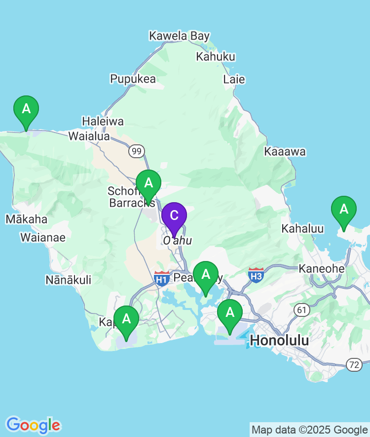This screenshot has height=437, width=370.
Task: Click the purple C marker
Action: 174,216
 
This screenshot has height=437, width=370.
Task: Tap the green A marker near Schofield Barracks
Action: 148,183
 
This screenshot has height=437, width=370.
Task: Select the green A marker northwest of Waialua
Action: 26,109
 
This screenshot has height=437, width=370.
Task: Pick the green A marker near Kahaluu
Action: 343,210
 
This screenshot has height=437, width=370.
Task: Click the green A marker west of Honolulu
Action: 229,313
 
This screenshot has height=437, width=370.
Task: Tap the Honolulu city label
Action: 280,340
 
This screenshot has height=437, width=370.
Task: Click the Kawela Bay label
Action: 180,36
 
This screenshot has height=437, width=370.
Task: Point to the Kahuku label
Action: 216,56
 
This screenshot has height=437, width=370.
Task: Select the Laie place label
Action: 234,79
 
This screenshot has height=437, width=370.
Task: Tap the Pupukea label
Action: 133,79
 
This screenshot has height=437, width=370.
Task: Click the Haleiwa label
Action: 103,121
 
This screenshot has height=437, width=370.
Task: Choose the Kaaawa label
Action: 285,152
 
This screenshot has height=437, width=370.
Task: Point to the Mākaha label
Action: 26,219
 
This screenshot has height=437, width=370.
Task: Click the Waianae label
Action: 42,238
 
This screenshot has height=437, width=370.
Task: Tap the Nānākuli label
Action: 68,280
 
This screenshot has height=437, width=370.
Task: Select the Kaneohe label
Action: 322,268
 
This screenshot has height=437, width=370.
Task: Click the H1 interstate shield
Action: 161,278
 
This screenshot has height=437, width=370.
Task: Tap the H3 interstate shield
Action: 256,275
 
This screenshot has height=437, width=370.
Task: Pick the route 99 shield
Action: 137,151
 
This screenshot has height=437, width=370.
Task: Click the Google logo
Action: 33,425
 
